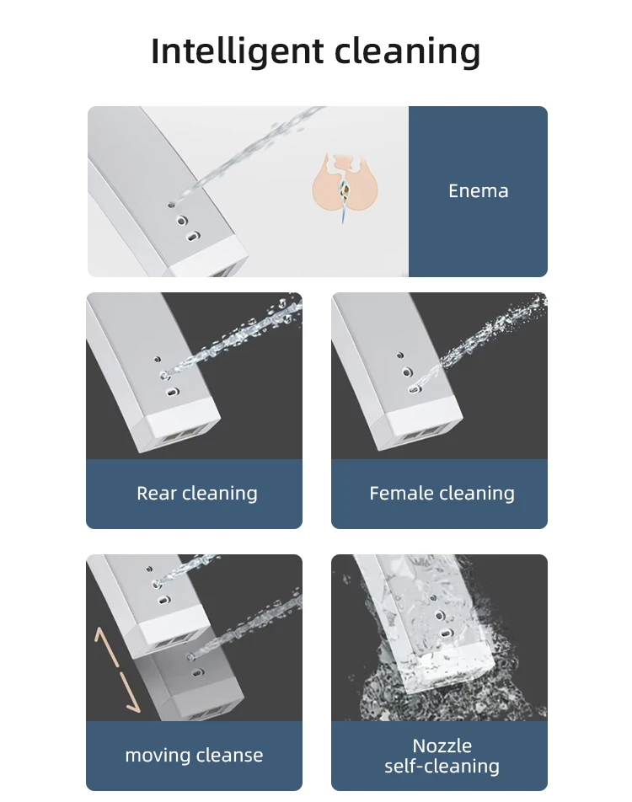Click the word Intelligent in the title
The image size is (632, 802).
coord(237,51)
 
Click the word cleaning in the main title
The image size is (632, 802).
coord(407,51)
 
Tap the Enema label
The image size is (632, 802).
coord(479,190)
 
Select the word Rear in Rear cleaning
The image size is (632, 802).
coord(157,493)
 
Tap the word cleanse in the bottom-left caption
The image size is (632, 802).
coord(230,756)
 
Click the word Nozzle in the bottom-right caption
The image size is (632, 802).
coord(442,746)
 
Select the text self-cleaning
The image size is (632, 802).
coord(442,767)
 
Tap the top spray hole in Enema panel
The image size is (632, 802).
coord(171,205)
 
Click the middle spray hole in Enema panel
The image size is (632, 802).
coord(182,221)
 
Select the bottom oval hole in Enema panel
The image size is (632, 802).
coord(192,237)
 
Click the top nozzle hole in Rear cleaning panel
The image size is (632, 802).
coord(158,359)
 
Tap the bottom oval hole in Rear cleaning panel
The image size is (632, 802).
coord(172,393)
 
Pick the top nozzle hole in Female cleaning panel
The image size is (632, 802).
coord(400,355)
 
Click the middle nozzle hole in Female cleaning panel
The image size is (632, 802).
coord(407,372)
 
